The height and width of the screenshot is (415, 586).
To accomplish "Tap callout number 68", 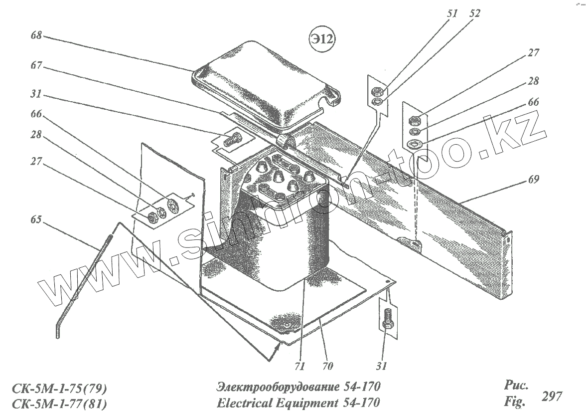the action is coord(36,35).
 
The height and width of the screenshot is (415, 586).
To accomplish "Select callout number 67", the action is coord(36,66).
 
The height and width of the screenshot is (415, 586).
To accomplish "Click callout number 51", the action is coord(452,14).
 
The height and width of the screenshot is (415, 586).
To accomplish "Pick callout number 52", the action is coord(474,14).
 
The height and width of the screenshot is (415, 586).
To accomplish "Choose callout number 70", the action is coord(327,367).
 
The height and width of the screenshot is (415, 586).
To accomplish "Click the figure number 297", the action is coord(552,397).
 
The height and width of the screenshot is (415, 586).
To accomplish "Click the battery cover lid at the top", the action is coord(264,92).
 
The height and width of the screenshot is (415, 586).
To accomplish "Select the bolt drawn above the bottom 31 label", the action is coord(388,318).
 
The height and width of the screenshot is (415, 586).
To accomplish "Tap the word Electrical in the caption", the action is coord(245,402).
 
